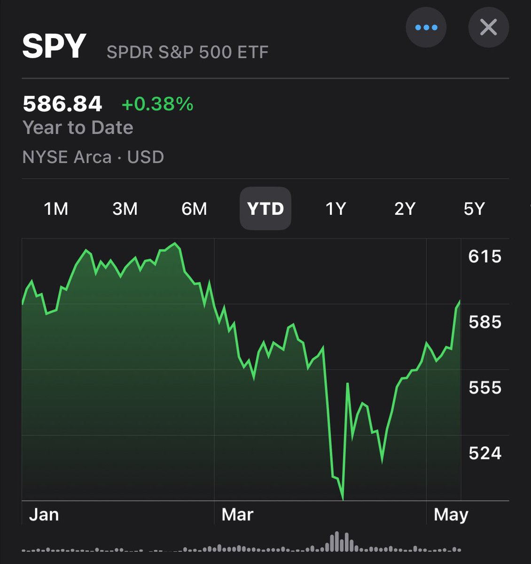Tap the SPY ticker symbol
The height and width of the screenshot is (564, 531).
coord(54,46)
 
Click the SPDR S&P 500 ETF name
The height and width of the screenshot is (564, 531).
coord(187,52)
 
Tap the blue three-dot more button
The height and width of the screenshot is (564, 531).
coord(426,27)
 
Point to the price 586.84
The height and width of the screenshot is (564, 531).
coord(62,104)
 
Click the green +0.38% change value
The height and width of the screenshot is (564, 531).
coord(157,104)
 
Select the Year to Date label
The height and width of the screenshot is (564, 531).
coord(78,128)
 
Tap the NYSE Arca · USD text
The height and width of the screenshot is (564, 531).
coord(93,157)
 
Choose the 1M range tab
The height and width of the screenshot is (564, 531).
coord(56,209)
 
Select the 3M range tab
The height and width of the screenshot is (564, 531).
coord(125,209)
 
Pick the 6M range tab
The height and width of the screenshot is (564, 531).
coord(194,209)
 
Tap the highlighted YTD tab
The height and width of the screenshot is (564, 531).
coord(265,209)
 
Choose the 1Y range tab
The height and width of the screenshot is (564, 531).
coord(336,209)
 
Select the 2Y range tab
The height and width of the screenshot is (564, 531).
coord(405,209)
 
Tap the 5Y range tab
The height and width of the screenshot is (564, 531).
coord(474,209)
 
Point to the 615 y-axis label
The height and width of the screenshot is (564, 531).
coord(485,257)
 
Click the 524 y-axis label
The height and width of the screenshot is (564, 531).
coord(485,453)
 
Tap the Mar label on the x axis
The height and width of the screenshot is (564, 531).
coord(237,515)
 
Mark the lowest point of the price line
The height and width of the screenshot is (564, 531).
coord(343,499)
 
